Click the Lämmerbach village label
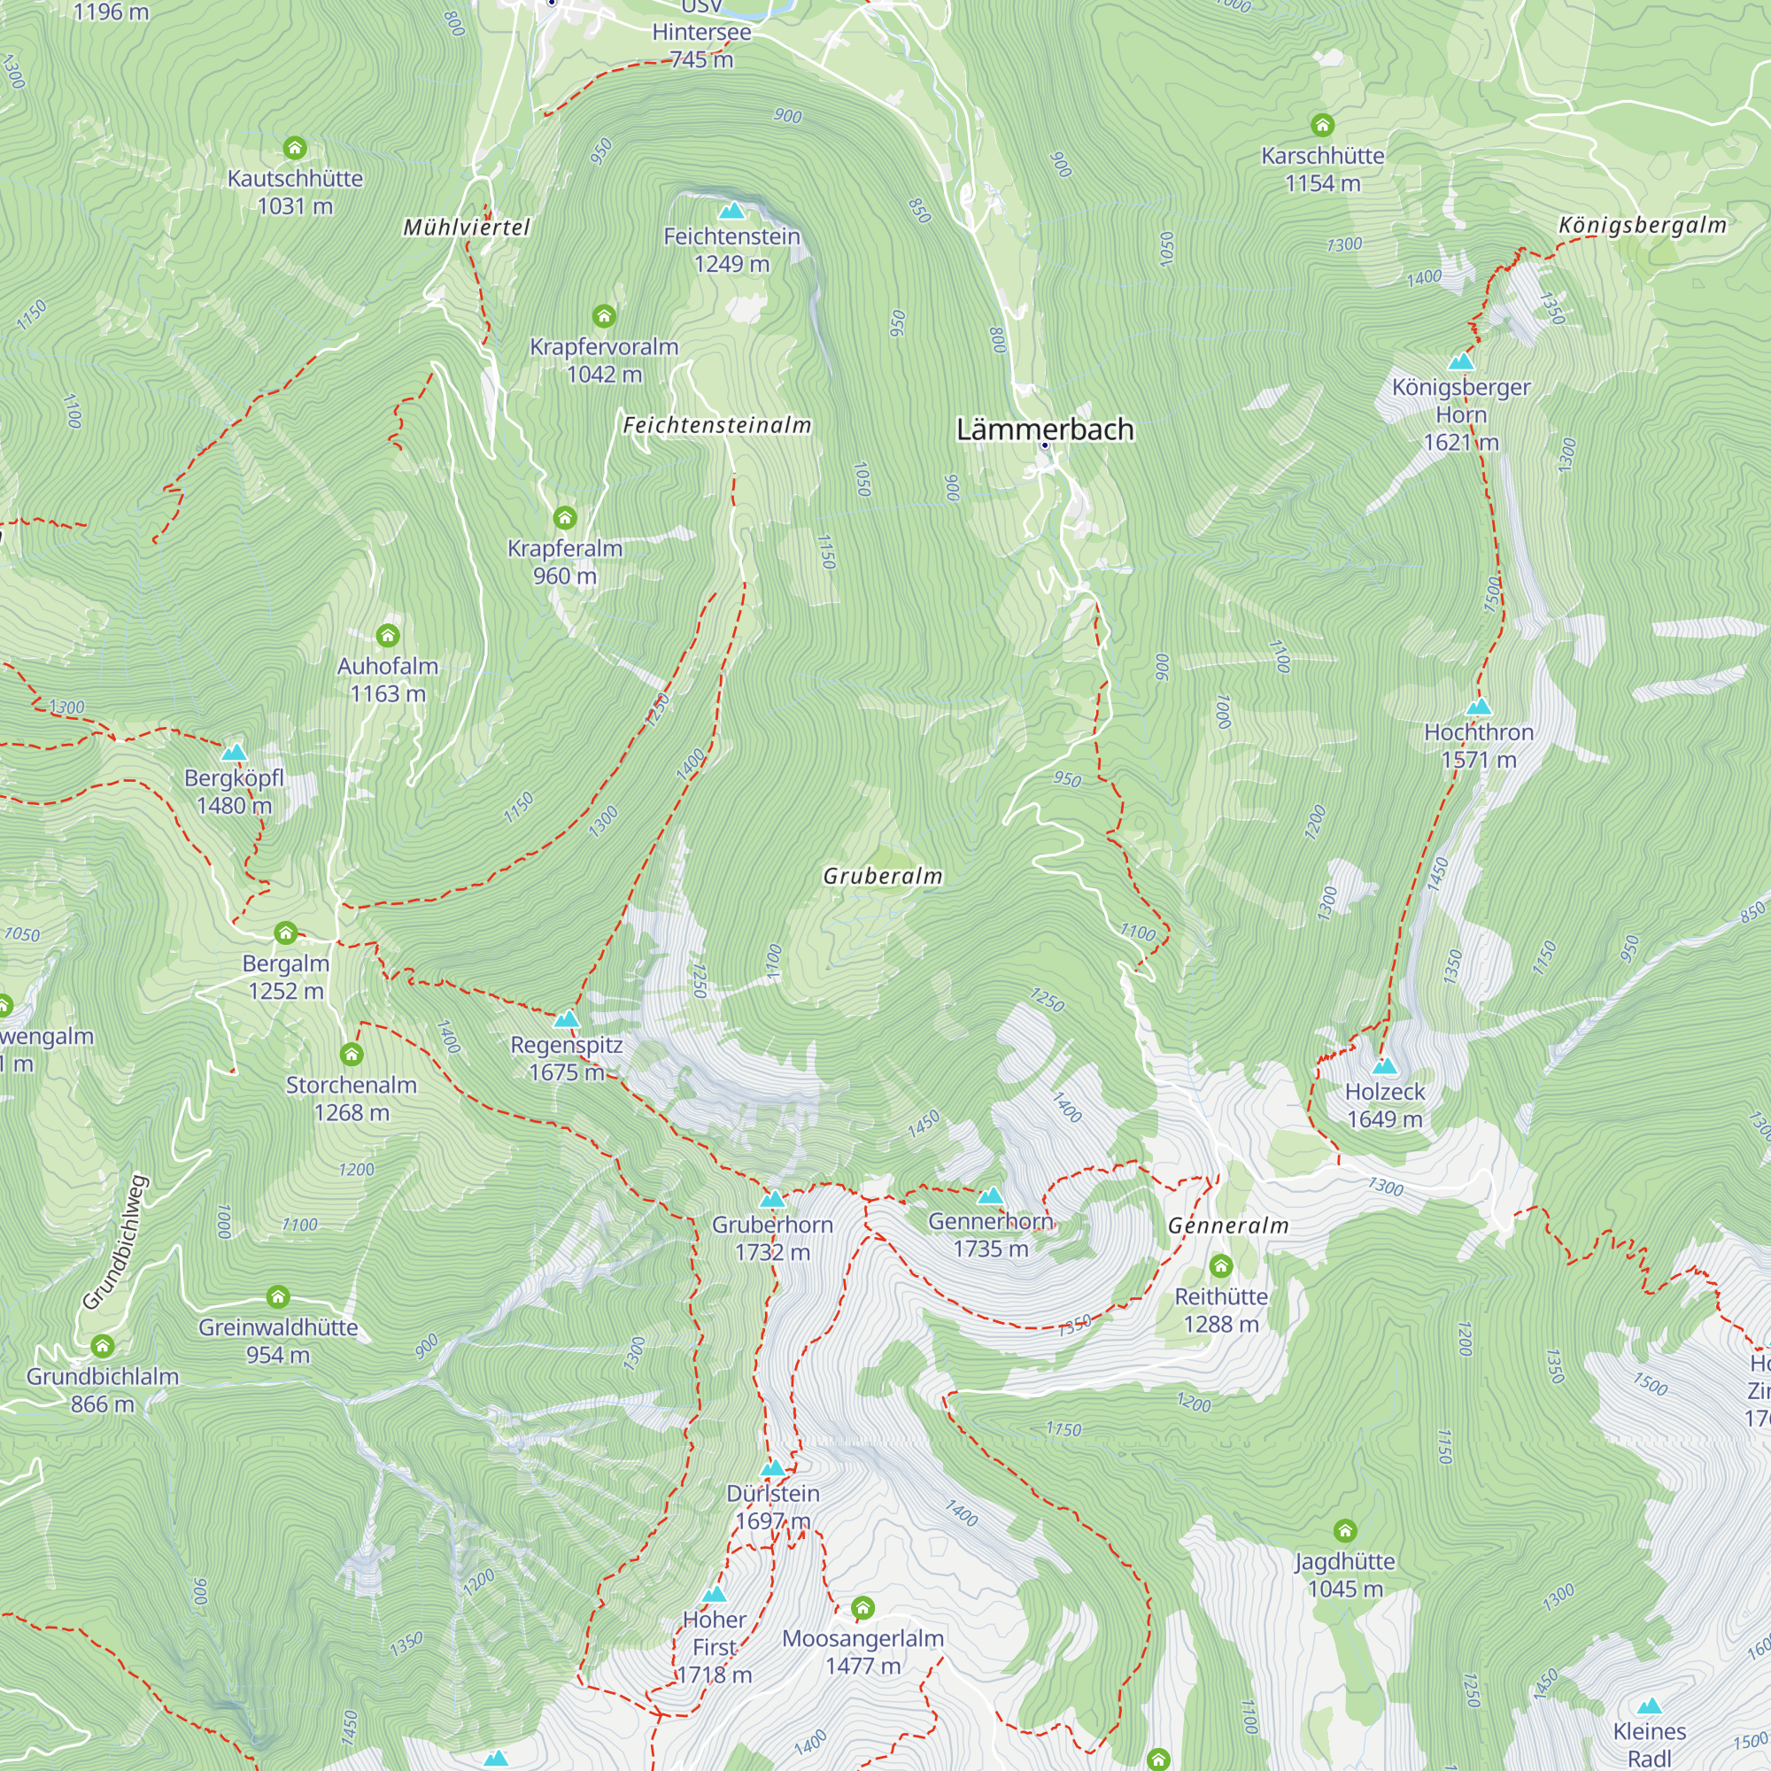1044,429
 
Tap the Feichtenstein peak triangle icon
731,211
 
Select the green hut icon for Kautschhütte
294,148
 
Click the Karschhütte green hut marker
1321,124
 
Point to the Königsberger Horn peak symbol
1460,361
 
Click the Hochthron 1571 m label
1478,746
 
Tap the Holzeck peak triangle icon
1384,1065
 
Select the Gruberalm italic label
882,876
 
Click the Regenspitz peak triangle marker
567,1018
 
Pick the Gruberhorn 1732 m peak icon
772,1199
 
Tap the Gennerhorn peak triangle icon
990,1195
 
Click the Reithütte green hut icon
1220,1266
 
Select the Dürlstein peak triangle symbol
772,1467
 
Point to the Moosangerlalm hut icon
862,1608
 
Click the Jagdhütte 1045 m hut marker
1344,1531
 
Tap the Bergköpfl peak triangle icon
234,753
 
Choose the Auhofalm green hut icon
388,635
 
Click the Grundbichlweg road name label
114,1242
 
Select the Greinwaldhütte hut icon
278,1297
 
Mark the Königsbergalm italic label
1642,225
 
